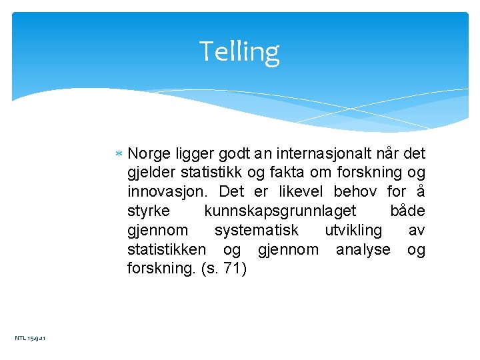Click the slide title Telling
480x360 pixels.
[239, 51]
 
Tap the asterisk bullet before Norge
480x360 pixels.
[118, 155]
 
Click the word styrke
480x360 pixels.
[148, 211]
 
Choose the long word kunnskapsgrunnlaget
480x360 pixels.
[280, 211]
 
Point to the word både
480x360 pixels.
[407, 211]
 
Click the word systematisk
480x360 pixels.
[256, 231]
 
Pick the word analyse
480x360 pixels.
[363, 250]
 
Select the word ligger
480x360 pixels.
[192, 155]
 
